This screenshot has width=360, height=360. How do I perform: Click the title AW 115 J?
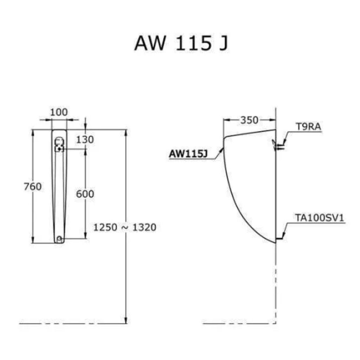181,43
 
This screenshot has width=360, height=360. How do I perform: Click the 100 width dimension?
59,112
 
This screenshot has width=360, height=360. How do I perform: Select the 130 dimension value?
85,140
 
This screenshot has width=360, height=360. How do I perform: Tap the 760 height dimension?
33,186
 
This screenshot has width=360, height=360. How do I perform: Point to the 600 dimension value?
85,194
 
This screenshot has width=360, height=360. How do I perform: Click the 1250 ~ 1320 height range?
125,227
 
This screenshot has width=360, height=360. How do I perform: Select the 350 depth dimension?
249,120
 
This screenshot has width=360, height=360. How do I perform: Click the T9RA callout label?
308,127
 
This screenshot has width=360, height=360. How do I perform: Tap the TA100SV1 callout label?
320,218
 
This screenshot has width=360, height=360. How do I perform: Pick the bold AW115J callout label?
188,154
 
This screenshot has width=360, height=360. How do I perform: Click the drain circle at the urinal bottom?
59,239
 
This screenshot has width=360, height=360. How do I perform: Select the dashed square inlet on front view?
59,149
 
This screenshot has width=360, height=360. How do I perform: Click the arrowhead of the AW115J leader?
222,150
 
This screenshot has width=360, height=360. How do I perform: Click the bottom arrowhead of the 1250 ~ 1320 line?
126,320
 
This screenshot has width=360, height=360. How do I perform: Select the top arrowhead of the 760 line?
33,133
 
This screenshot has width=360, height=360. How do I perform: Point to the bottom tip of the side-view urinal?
276,243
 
